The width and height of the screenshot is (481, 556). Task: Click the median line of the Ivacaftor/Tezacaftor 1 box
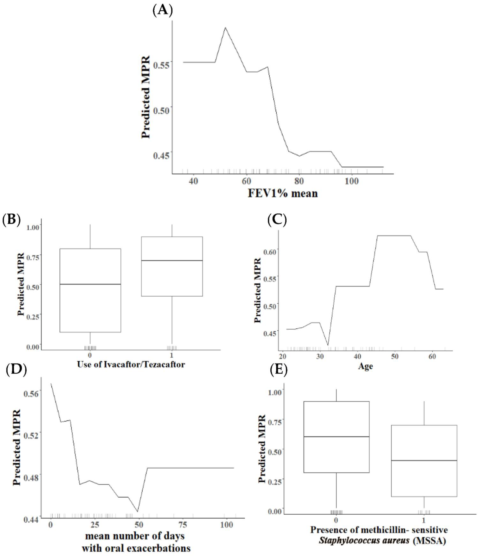[x=172, y=260]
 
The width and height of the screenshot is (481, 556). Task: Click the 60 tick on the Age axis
[x=432, y=357]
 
